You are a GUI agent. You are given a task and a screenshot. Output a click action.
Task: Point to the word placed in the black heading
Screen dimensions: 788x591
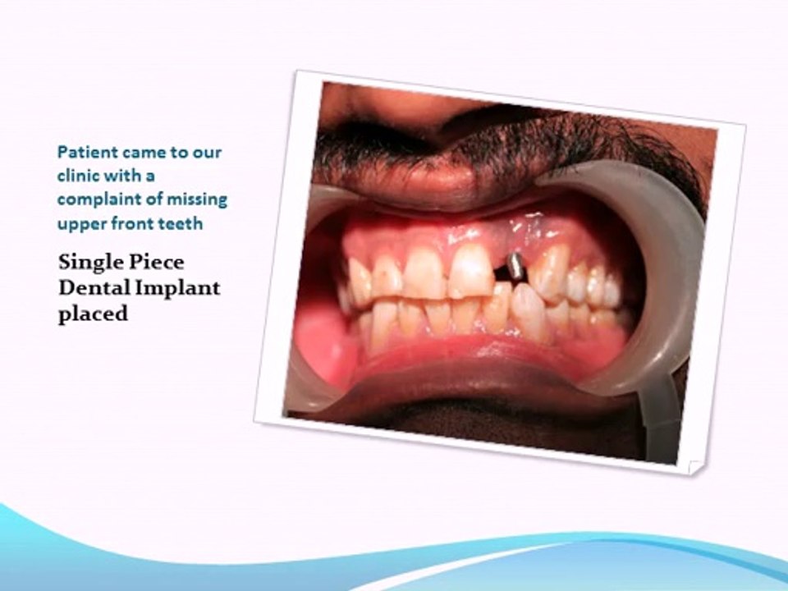[93, 314]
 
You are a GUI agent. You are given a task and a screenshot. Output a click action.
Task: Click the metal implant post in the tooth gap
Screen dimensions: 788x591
[514, 266]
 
